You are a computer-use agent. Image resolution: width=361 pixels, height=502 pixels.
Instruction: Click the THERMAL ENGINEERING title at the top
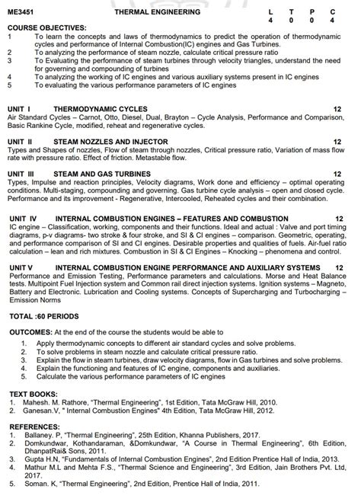(158, 12)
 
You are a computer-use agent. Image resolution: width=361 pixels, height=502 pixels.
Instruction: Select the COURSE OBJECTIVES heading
(43, 28)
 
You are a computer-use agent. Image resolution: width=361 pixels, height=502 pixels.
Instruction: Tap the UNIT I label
(21, 109)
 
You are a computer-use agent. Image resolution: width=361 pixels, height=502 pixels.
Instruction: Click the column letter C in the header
(332, 12)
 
